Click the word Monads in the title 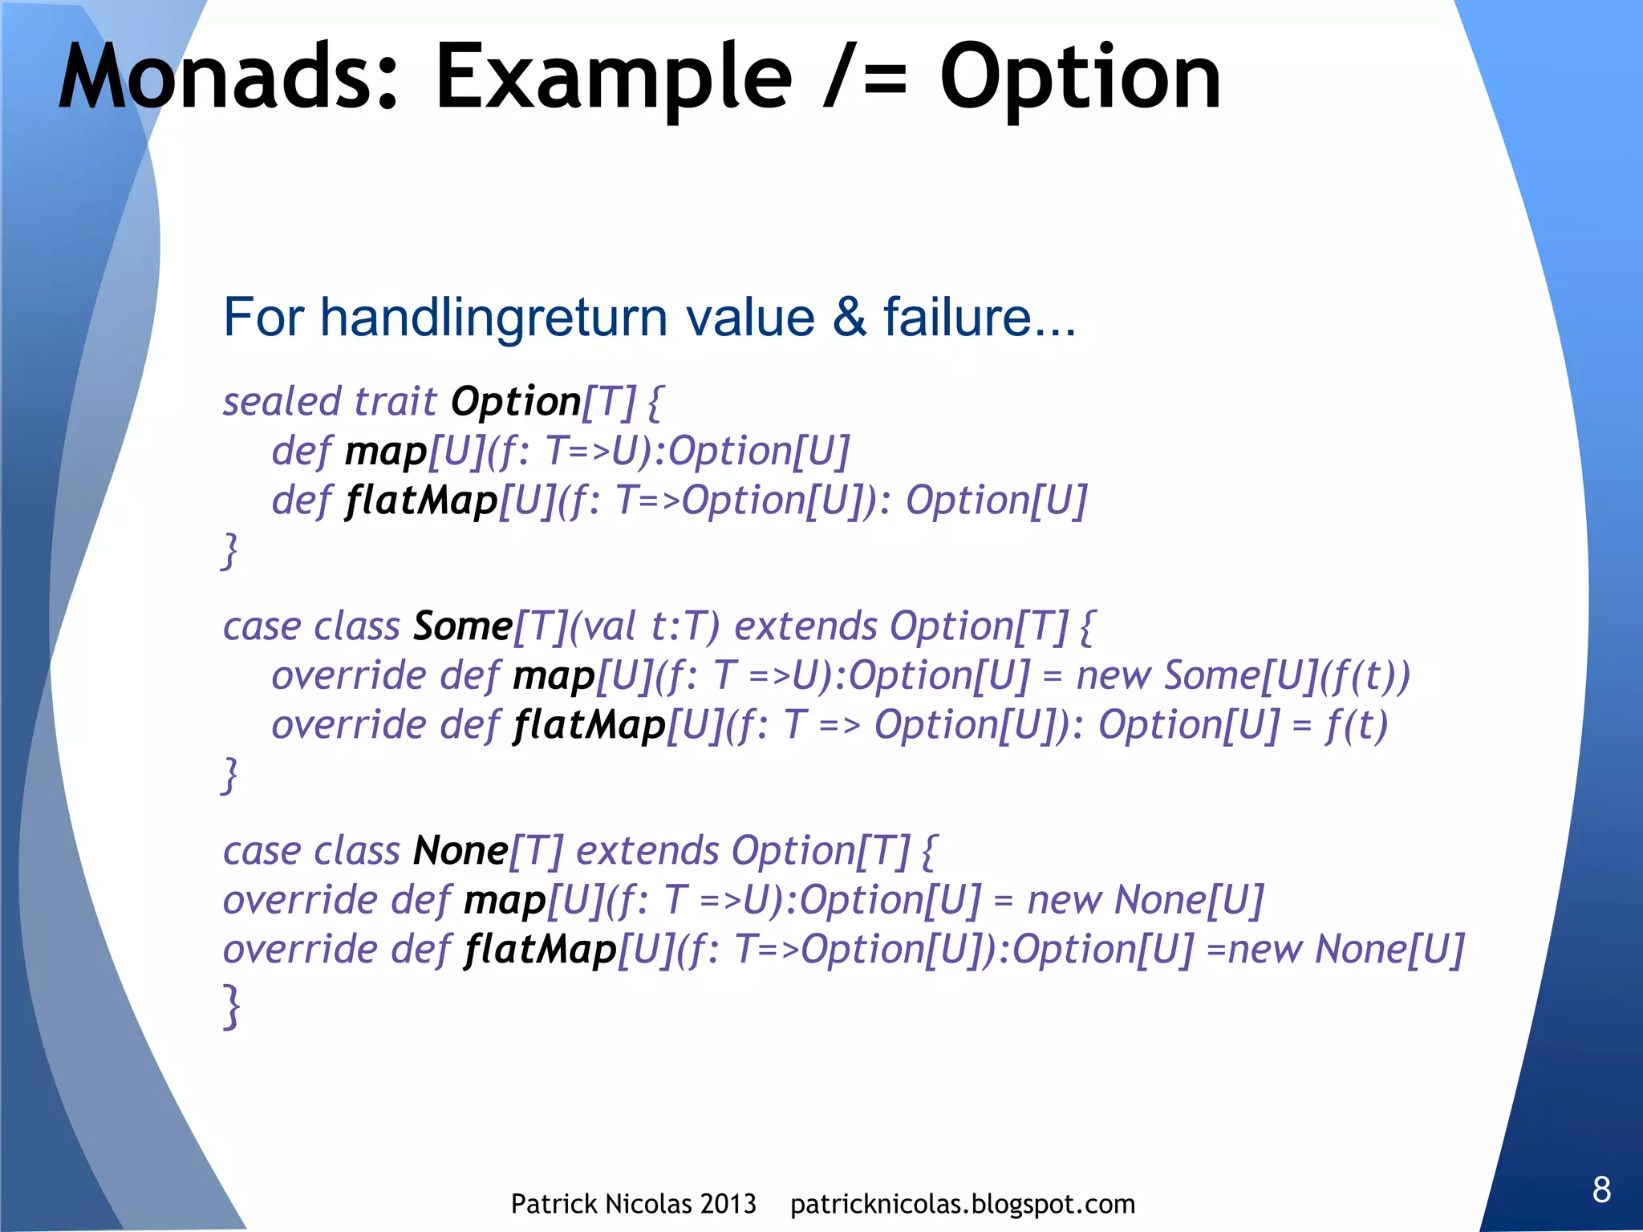(228, 78)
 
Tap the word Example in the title (613, 78)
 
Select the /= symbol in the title (866, 78)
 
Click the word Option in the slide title (1080, 78)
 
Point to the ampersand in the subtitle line (849, 318)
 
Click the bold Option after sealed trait (515, 401)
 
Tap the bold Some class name (462, 626)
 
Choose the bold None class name (460, 850)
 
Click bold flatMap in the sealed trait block (422, 500)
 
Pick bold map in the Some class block (554, 676)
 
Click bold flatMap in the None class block (541, 950)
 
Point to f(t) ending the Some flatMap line (1356, 725)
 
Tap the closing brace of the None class (231, 1006)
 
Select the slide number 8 (1601, 1189)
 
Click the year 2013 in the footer (728, 1204)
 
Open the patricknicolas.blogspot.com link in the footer (962, 1204)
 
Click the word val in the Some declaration (611, 626)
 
